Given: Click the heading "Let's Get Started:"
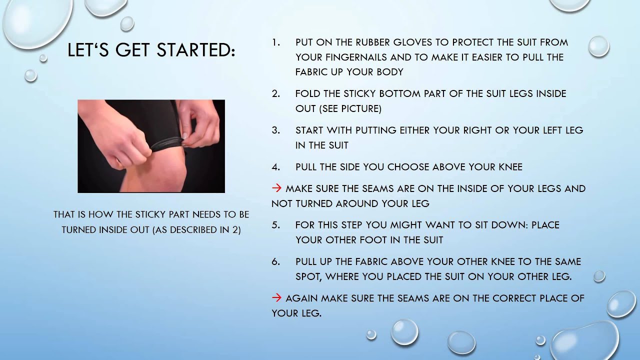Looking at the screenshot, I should click(x=151, y=50).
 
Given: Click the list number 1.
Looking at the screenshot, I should click(x=276, y=42).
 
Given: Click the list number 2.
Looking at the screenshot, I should click(x=276, y=93).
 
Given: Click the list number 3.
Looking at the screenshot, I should click(x=276, y=130).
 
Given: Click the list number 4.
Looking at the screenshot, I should click(x=276, y=167).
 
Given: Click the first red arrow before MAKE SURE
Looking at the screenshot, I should click(x=276, y=188).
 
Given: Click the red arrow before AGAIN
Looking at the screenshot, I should click(x=276, y=298).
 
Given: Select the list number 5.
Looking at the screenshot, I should click(x=276, y=225).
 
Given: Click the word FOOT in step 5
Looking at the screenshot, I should click(x=360, y=240).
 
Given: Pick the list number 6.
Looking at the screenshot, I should click(x=276, y=261).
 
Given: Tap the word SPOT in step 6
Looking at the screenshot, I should click(x=309, y=276).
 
